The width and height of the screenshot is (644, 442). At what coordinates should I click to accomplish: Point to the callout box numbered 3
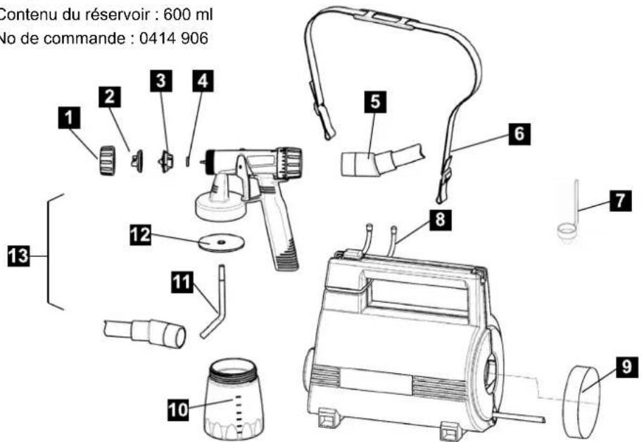pyautogui.click(x=163, y=81)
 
